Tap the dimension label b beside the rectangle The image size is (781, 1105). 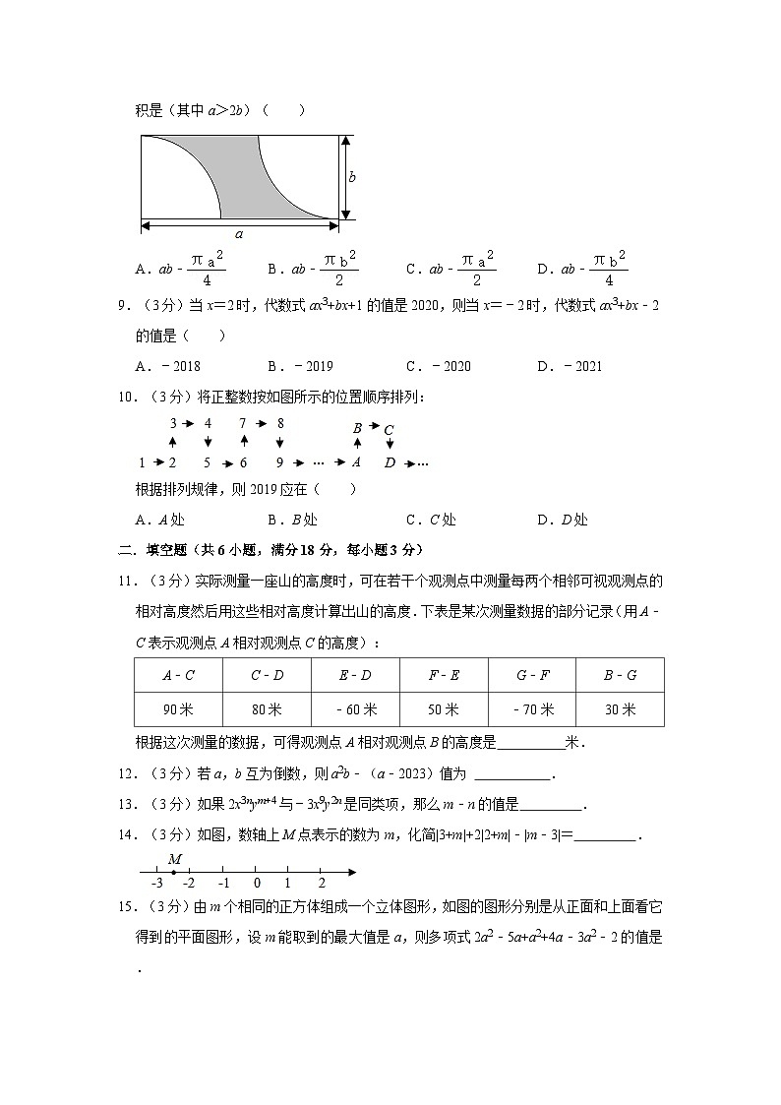click(352, 177)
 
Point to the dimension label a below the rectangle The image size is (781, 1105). click(239, 234)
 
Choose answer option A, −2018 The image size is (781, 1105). click(168, 367)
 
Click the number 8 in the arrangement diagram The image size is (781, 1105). click(280, 424)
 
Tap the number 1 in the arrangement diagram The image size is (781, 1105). click(142, 462)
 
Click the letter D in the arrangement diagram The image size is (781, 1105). click(390, 462)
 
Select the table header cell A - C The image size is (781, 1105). click(178, 675)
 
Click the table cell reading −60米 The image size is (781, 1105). click(355, 709)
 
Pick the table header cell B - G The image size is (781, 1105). click(620, 675)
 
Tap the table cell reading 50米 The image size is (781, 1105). click(444, 709)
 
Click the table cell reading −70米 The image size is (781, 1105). click(532, 709)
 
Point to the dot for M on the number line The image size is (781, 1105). click(173, 872)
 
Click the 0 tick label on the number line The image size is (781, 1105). click(256, 884)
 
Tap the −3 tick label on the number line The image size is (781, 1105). click(155, 884)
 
